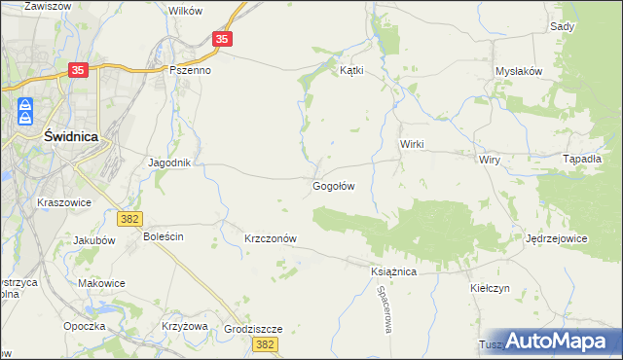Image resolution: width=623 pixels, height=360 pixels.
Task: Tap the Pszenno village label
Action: (191, 70)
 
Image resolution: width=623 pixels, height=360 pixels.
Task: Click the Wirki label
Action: (413, 143)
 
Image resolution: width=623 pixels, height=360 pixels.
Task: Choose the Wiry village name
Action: (488, 158)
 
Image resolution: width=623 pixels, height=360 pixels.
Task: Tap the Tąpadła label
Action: (582, 158)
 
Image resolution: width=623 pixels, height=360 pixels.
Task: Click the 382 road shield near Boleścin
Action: (129, 221)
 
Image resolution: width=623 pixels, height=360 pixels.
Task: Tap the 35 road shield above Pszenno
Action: (223, 39)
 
